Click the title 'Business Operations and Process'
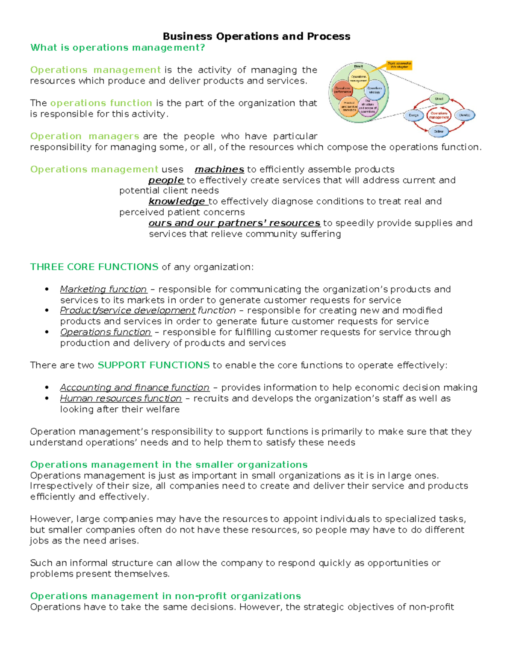pos(256,36)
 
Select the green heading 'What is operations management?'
pos(118,47)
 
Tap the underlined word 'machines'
pos(219,169)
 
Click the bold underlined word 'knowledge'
pos(177,202)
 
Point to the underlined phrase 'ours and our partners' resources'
pos(234,223)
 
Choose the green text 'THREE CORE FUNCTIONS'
pos(94,267)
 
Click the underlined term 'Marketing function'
pos(103,289)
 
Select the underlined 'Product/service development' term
pos(127,310)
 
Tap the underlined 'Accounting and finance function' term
pos(135,388)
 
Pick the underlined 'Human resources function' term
pos(121,398)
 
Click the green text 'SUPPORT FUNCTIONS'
pos(153,365)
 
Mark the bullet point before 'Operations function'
pos(47,332)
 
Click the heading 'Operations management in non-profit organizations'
pos(165,596)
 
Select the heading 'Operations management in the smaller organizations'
pos(169,464)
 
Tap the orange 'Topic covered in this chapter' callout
pos(399,65)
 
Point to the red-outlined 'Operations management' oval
pos(439,115)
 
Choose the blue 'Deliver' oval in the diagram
pos(439,131)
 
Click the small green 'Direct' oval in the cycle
pos(439,99)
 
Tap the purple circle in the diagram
pos(368,105)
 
